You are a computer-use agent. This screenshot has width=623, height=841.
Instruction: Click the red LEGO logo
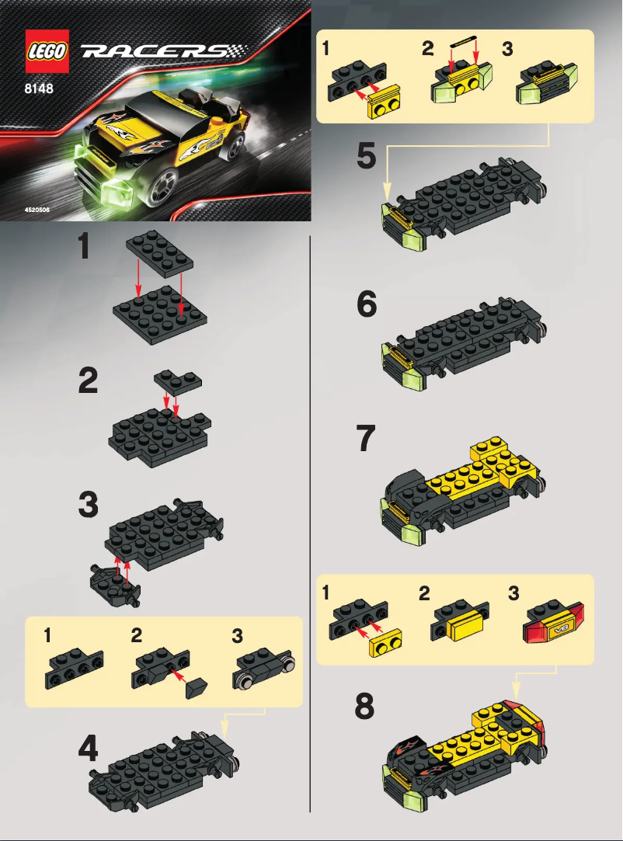tap(49, 50)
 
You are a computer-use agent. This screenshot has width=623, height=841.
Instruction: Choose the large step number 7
tap(365, 440)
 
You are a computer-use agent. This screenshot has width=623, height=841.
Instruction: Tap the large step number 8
tap(364, 707)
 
